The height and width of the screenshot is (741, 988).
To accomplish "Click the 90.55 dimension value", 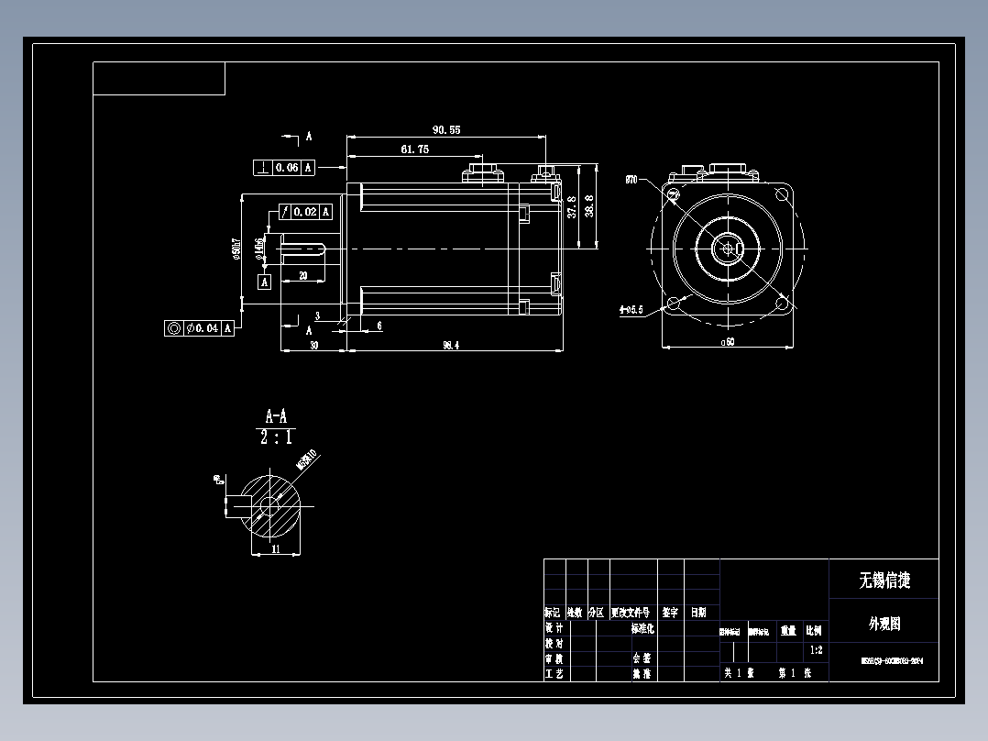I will pos(446,130).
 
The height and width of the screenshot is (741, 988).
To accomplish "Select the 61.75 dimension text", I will pos(414,149).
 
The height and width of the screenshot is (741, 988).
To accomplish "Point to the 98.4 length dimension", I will pos(450,345).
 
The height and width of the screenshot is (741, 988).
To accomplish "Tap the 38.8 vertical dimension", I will pos(588,207).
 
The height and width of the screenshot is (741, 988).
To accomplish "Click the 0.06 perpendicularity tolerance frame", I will pos(284,167).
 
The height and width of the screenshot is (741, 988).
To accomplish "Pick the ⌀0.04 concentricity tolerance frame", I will pos(200,327).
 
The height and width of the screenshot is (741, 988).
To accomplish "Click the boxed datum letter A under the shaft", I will pos(265,282).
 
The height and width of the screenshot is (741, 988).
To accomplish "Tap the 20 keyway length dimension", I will pos(303,276).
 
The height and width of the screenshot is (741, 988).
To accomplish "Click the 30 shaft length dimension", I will pos(313,345).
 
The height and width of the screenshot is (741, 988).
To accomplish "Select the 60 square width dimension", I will pos(729,342).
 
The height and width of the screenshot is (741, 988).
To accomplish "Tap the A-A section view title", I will pos(276,416).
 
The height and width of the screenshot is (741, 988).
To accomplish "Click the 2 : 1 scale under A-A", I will pos(276,437).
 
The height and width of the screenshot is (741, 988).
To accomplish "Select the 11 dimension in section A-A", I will pos(275,549).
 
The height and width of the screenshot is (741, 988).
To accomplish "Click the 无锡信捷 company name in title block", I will pos(884,580).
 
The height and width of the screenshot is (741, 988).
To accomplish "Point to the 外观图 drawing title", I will pos(884,624).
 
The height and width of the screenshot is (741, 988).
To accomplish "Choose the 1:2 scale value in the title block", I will pos(816,650).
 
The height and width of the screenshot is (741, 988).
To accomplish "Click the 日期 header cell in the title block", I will pos(698,612).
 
